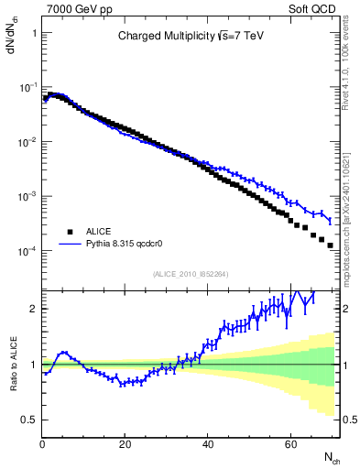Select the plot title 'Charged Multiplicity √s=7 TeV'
pos(191,38)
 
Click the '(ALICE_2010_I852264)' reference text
pos(191,274)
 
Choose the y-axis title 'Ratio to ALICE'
pos(16,364)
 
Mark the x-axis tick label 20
pos(125,445)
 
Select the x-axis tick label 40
pos(208,445)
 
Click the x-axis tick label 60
pos(290,445)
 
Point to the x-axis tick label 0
pos(43,445)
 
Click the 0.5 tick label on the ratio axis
pos(30,420)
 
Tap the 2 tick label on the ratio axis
pos(34,309)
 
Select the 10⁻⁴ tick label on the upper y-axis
pos(29,250)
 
